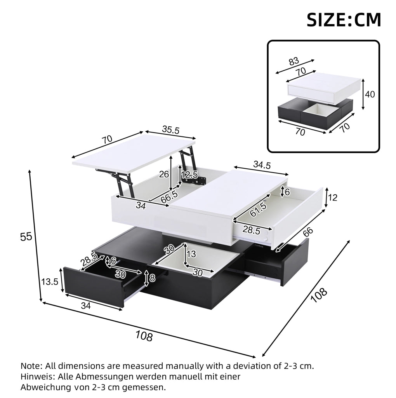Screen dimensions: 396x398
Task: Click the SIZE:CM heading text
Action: pyautogui.click(x=344, y=20)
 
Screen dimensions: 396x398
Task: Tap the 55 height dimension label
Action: pyautogui.click(x=26, y=237)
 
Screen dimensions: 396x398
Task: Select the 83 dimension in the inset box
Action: pyautogui.click(x=294, y=61)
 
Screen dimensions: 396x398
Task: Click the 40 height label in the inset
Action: pyautogui.click(x=370, y=94)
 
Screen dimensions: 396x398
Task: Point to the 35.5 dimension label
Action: pyautogui.click(x=170, y=130)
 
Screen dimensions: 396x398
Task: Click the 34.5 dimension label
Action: pyautogui.click(x=262, y=165)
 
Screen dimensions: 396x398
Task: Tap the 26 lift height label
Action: pyautogui.click(x=164, y=174)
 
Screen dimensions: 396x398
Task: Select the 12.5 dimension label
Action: pyautogui.click(x=189, y=175)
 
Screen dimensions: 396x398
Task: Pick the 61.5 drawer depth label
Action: pyautogui.click(x=258, y=209)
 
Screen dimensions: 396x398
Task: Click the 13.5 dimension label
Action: pyautogui.click(x=50, y=281)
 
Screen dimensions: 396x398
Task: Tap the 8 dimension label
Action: pyautogui.click(x=152, y=278)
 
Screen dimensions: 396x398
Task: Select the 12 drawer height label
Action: pyautogui.click(x=332, y=197)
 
